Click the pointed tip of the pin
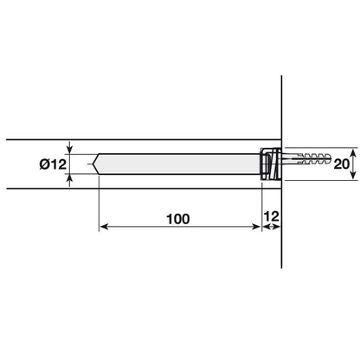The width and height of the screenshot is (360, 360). point(96,164)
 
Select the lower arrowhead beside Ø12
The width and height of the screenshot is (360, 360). point(71,178)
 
